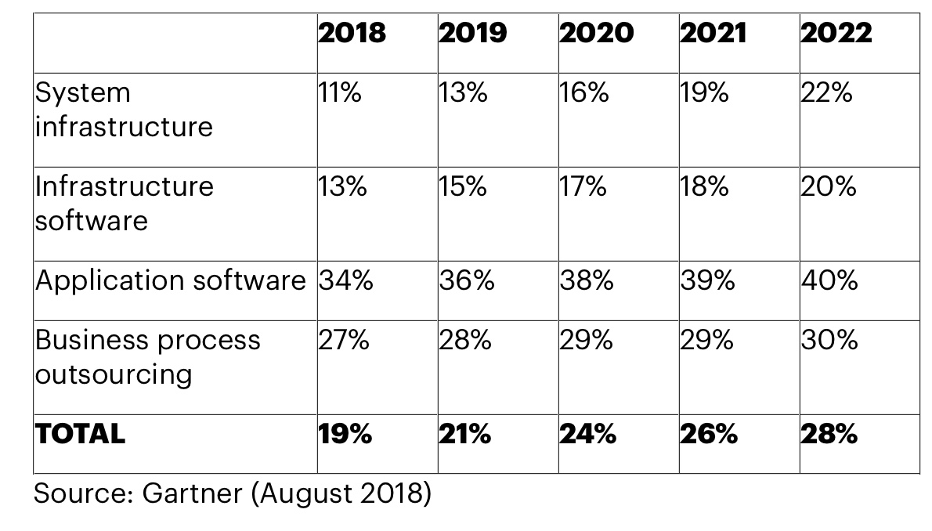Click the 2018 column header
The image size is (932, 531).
pyautogui.click(x=352, y=33)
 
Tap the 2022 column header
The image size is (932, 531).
pyautogui.click(x=836, y=33)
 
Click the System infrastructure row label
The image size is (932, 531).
pyautogui.click(x=123, y=110)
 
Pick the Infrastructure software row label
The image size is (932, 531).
pyautogui.click(x=123, y=203)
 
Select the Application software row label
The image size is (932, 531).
pyautogui.click(x=170, y=280)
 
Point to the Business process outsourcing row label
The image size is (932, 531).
pyautogui.click(x=147, y=357)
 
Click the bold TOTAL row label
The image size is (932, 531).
pyautogui.click(x=79, y=434)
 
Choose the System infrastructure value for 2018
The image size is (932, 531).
pyautogui.click(x=340, y=93)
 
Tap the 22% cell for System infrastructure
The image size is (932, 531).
pyautogui.click(x=826, y=93)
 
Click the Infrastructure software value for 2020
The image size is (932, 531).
pyautogui.click(x=583, y=187)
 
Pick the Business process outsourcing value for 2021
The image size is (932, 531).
pyautogui.click(x=707, y=341)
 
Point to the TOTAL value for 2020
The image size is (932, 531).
pyautogui.click(x=587, y=434)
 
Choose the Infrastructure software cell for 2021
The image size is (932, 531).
pyautogui.click(x=704, y=187)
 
